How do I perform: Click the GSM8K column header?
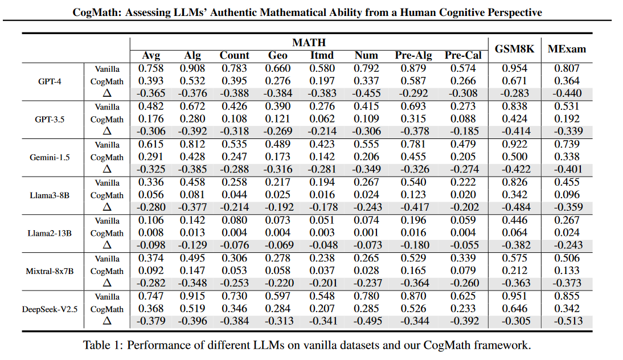click(x=514, y=49)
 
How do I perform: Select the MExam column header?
click(x=567, y=49)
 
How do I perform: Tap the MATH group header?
click(x=309, y=43)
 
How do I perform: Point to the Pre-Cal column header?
click(x=463, y=55)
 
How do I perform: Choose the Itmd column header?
click(x=322, y=55)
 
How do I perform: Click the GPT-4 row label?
click(x=50, y=81)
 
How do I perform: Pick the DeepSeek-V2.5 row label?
click(x=50, y=309)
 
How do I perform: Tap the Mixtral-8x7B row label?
click(x=50, y=271)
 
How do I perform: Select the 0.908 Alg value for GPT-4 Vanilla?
click(x=192, y=68)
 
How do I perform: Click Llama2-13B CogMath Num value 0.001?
click(x=366, y=233)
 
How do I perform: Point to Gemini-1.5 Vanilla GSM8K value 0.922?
click(x=514, y=145)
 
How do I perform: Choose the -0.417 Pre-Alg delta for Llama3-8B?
click(x=413, y=207)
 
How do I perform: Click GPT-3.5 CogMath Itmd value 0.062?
click(x=322, y=119)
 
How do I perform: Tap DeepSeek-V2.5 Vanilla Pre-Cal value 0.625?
click(x=463, y=297)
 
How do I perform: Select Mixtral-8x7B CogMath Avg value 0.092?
click(x=151, y=271)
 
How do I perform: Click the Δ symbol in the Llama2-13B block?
click(x=107, y=246)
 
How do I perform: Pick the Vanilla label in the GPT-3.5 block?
click(x=107, y=107)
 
